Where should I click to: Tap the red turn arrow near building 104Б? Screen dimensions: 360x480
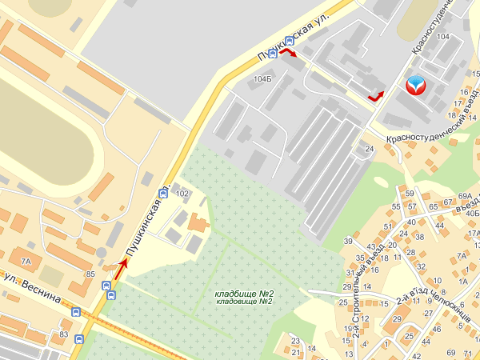(287, 53)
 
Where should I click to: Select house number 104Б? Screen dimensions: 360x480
(262, 79)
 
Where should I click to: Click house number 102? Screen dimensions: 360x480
(182, 194)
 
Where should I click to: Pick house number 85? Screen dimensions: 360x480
(91, 274)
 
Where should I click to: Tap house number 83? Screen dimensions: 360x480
(64, 334)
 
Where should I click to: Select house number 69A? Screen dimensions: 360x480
(466, 195)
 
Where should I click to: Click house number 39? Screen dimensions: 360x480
(348, 241)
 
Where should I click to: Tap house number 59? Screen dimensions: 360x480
(410, 194)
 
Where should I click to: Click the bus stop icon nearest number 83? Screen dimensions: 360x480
(78, 338)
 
